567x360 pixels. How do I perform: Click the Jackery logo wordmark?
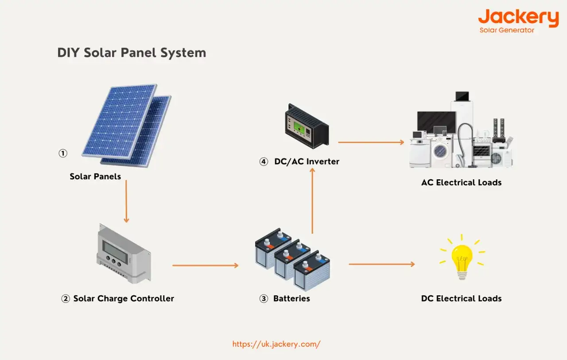(x=518, y=18)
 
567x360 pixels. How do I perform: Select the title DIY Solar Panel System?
(x=132, y=53)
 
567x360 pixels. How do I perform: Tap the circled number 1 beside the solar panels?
(x=63, y=153)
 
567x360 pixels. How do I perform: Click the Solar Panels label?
(x=95, y=176)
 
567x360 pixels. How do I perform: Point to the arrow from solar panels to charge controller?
(x=126, y=201)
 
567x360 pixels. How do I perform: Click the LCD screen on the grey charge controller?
(x=115, y=252)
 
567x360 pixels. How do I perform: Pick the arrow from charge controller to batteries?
(x=205, y=265)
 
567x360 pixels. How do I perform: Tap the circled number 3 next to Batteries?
(x=264, y=299)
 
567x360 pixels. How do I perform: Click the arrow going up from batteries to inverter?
(x=312, y=201)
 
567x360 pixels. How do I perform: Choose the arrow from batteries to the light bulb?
(x=382, y=264)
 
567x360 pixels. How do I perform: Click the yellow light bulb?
(x=462, y=262)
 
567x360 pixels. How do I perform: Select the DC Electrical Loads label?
(x=461, y=298)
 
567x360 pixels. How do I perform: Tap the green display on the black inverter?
(x=299, y=128)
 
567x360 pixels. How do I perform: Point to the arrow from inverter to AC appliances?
(x=371, y=142)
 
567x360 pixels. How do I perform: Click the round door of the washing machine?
(x=440, y=151)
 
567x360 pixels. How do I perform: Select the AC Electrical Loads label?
(x=461, y=182)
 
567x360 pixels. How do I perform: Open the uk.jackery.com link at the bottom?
(x=276, y=344)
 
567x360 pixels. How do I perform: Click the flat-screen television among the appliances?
(x=436, y=122)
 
